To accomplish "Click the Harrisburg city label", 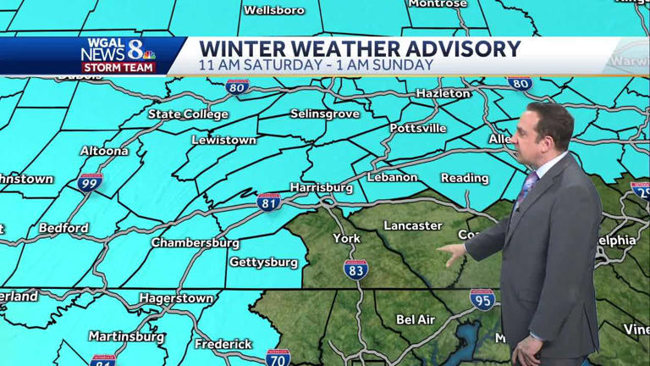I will click(321, 186).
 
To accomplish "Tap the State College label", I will click(188, 114).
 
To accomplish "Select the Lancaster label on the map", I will click(412, 225).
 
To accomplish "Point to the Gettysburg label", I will click(263, 263).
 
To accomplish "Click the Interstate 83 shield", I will click(356, 269).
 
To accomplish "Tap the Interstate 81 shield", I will click(269, 202).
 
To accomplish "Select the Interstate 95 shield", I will click(482, 299).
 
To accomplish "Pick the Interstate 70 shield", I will click(278, 357).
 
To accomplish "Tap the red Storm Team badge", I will click(118, 68).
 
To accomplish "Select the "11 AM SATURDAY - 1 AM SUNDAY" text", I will click(316, 65).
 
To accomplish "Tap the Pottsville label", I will click(418, 129).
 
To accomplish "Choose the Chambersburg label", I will click(195, 243).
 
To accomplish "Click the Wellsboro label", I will click(274, 10).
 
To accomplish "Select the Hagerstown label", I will click(176, 298).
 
